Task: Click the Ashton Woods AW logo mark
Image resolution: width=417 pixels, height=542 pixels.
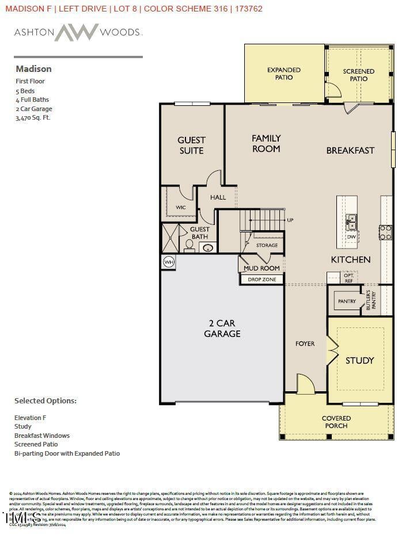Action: click(x=76, y=32)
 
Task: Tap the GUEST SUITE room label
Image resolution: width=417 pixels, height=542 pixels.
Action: click(x=191, y=145)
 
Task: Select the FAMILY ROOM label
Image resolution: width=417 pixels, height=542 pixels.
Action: click(x=266, y=143)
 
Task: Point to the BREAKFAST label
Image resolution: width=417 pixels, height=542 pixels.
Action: click(x=350, y=150)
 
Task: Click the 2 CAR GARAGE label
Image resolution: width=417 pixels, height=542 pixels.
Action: click(x=222, y=329)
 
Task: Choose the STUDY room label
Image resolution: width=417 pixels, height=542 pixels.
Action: click(x=359, y=361)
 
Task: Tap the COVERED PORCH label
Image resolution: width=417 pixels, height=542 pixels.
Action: click(x=336, y=422)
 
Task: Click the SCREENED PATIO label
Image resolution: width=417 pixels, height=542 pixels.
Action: click(x=358, y=75)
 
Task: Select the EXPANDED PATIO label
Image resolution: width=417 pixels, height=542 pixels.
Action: click(x=283, y=74)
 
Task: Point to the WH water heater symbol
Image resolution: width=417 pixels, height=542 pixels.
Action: click(x=169, y=262)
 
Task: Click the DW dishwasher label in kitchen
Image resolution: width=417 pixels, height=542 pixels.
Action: click(x=351, y=236)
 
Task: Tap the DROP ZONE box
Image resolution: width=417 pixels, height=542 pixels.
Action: click(x=262, y=280)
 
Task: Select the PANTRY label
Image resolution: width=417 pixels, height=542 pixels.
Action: click(x=347, y=301)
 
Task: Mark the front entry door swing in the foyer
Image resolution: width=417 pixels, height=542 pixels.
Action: click(x=305, y=384)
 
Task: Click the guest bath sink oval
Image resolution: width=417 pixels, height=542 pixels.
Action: click(x=208, y=248)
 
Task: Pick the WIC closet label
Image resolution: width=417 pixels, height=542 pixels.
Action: click(x=180, y=207)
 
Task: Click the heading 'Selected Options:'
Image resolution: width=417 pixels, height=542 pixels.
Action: click(x=45, y=400)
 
